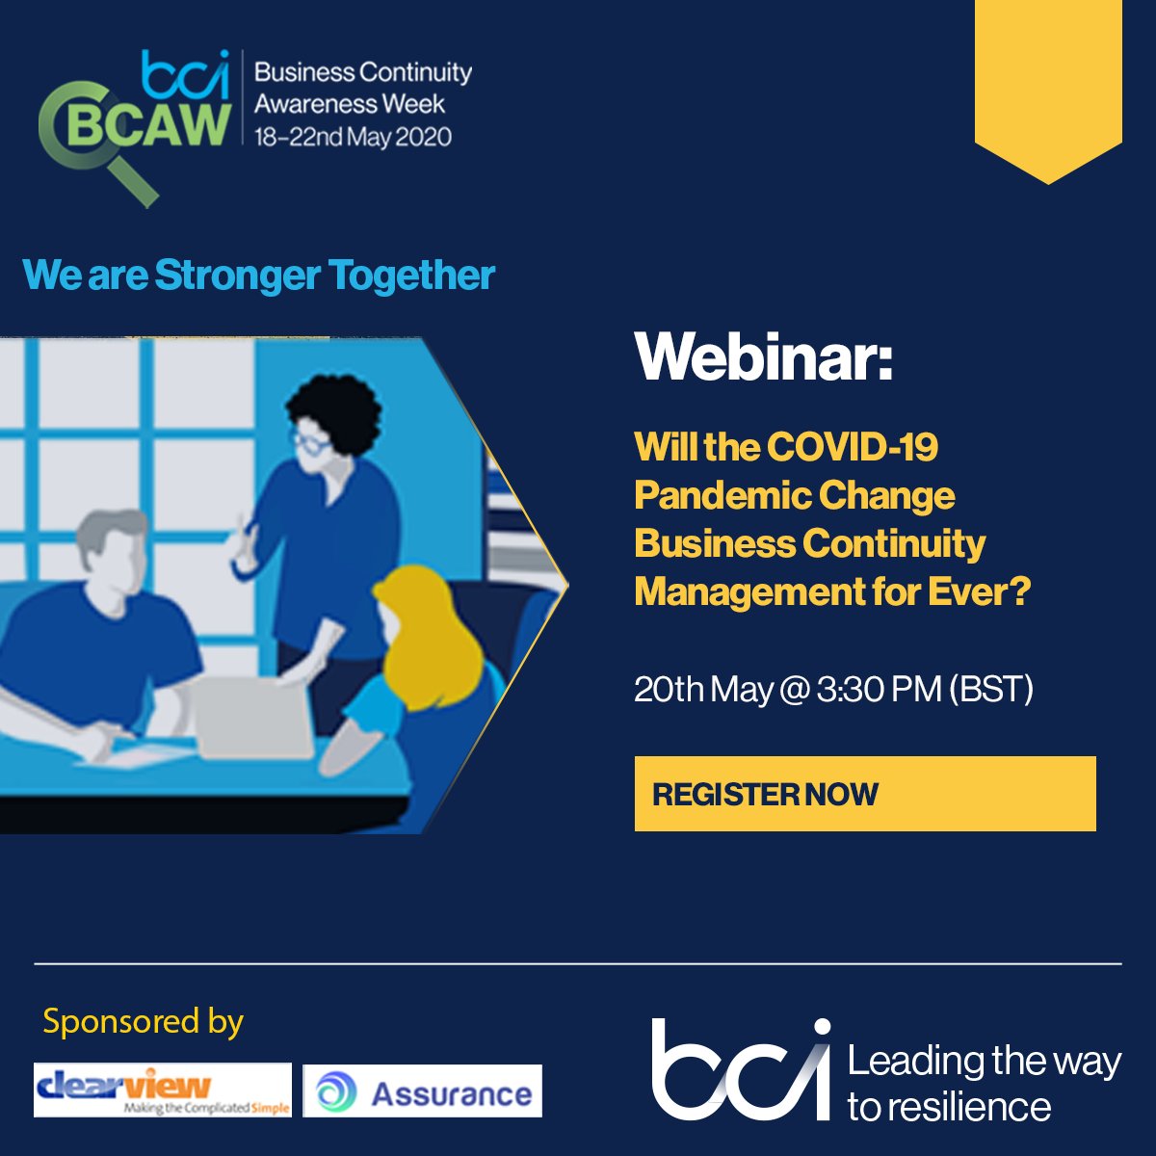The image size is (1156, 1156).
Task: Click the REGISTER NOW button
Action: pos(864,794)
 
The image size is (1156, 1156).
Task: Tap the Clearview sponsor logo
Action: pos(162,1090)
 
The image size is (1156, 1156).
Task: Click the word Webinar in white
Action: pos(762,357)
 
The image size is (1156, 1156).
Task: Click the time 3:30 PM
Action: pos(879,689)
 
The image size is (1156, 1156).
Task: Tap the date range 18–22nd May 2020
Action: pos(353,137)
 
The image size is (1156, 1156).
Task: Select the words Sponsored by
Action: pos(144,1021)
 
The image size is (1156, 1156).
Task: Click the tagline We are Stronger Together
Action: pos(258,276)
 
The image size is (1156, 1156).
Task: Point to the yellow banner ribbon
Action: pos(1048,87)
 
